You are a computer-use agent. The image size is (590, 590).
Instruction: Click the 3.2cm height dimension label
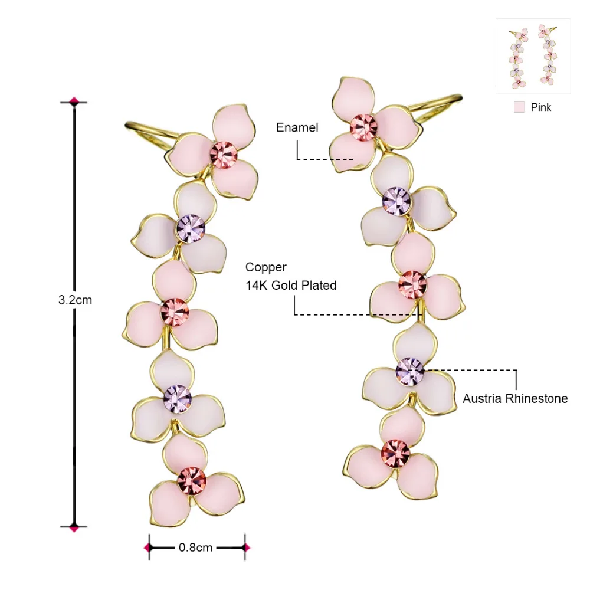(x=75, y=300)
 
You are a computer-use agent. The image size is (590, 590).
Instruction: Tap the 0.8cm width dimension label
(x=195, y=548)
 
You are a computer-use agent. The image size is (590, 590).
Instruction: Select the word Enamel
(x=297, y=127)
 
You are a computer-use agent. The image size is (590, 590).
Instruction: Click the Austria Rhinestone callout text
(x=515, y=399)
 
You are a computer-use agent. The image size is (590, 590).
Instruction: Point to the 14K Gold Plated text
(x=291, y=286)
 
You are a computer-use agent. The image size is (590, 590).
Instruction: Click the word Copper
(x=266, y=267)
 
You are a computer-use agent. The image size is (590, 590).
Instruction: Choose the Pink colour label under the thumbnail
(x=541, y=107)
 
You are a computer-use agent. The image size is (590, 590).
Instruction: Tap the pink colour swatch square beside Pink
(x=519, y=107)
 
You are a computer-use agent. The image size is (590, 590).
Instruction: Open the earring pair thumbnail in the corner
(x=533, y=56)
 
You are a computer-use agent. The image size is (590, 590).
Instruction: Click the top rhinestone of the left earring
(x=224, y=155)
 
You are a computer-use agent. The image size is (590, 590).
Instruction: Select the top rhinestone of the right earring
(x=363, y=127)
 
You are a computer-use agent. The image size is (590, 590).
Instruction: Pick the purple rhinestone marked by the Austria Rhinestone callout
(x=409, y=371)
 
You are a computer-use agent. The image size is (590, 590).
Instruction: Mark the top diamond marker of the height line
(x=74, y=101)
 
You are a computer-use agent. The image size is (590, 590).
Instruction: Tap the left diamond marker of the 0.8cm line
(x=148, y=548)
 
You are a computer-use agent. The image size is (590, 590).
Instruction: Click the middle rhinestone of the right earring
(x=412, y=284)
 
